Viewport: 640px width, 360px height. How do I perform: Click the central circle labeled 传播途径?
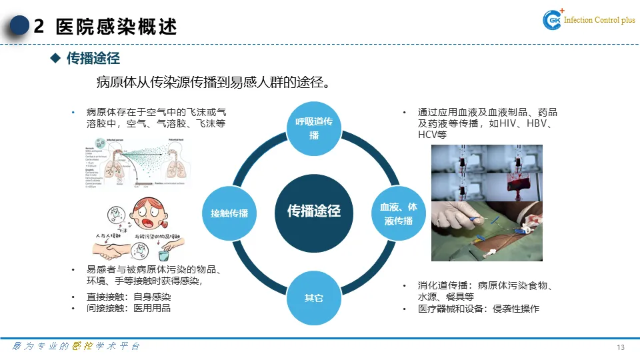tap(313, 211)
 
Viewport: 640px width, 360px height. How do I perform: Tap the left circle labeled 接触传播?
tap(229, 213)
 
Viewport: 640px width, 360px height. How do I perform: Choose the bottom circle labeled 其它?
tap(313, 297)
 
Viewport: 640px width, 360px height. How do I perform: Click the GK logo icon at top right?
tap(553, 21)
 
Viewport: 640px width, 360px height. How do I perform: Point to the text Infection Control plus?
tap(599, 21)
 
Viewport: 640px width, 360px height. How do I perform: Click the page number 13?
tap(621, 347)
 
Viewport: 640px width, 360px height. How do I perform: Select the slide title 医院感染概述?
tap(117, 27)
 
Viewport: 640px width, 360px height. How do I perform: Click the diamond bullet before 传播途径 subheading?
tap(56, 59)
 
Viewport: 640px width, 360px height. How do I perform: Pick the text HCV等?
tap(431, 135)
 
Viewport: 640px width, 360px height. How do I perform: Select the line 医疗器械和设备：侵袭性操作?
tap(478, 309)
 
